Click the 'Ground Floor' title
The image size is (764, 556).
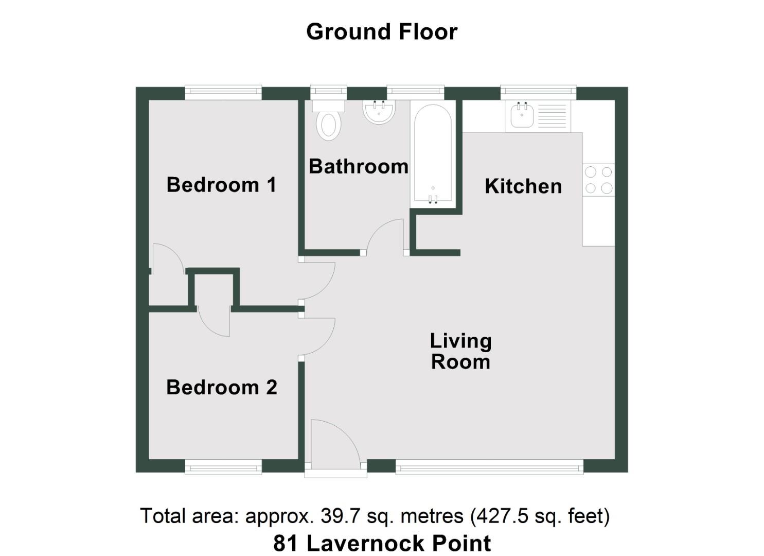(381, 32)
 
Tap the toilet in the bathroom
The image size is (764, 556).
(329, 120)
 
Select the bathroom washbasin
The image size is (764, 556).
(379, 112)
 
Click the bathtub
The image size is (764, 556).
(433, 154)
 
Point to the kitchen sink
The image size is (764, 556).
(522, 116)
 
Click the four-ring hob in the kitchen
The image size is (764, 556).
(598, 180)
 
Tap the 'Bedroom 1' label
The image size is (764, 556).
(221, 185)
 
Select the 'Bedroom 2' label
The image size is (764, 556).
(221, 387)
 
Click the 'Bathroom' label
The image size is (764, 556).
(358, 166)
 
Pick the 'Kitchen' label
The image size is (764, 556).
(523, 186)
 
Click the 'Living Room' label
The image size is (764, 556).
(460, 351)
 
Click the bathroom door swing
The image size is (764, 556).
(386, 237)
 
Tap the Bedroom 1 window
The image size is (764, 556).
(223, 93)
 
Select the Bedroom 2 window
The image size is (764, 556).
(223, 467)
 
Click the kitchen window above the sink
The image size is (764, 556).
(538, 93)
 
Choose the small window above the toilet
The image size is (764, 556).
(329, 93)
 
